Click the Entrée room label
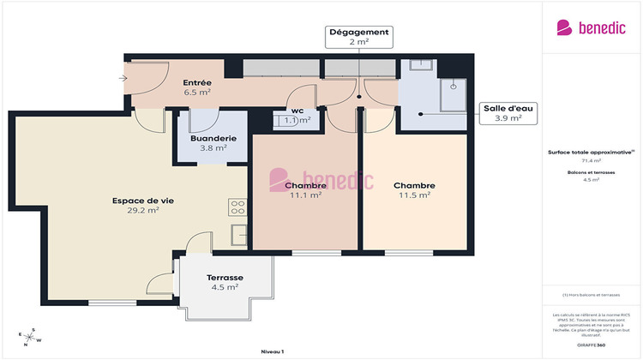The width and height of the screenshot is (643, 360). click(x=196, y=83)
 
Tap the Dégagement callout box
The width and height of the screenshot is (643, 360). click(x=358, y=37)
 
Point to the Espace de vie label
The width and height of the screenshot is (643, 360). click(x=142, y=201)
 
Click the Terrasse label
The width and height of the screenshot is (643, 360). click(x=225, y=278)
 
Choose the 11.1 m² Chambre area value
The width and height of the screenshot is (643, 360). click(x=306, y=195)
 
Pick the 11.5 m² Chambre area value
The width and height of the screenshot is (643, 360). click(x=414, y=195)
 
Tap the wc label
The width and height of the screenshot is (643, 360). click(x=297, y=111)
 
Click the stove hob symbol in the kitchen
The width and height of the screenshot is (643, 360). click(x=237, y=207)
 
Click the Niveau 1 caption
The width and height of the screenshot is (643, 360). click(x=272, y=351)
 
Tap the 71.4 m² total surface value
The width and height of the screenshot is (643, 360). click(x=591, y=160)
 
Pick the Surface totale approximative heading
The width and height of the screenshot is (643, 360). click(x=591, y=152)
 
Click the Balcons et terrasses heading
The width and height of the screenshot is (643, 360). click(x=591, y=172)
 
